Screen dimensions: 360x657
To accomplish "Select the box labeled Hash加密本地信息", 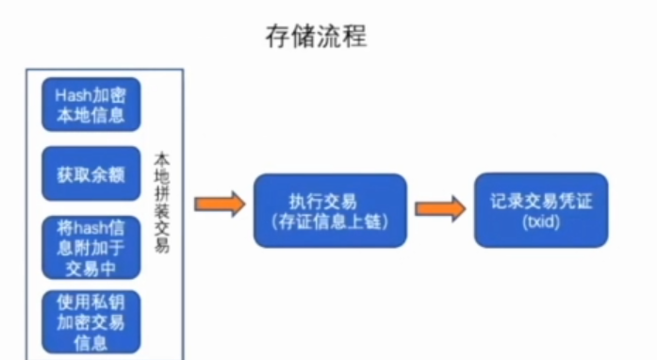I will tap(91, 104).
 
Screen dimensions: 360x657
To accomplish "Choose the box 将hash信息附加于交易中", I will tap(91, 248).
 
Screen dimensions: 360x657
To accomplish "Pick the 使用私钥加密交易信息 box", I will tap(91, 321).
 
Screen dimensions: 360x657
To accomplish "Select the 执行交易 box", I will tap(330, 209).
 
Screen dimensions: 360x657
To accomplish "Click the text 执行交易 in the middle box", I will tap(330, 200).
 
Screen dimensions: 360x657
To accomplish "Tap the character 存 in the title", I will tap(274, 37).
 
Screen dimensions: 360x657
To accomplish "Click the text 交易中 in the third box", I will tap(91, 266).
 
